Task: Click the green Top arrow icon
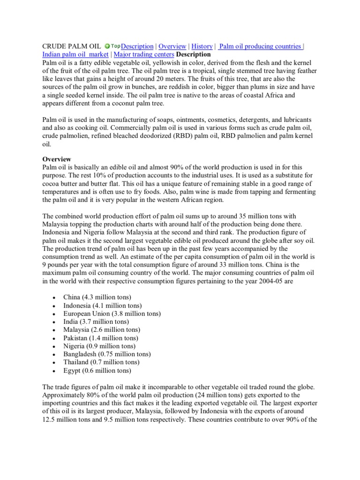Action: pos(108,46)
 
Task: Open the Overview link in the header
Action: pos(172,46)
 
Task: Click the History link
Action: pos(202,46)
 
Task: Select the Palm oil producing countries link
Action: pos(261,46)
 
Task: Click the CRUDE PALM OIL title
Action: pos(71,46)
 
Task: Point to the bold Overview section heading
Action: pos(57,159)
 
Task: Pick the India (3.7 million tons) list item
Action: pos(96,322)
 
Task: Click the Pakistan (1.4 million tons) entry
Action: pos(101,338)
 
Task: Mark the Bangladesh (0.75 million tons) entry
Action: pos(107,354)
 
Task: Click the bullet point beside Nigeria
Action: pos(55,346)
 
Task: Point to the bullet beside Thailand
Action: pos(55,363)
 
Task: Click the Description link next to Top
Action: pos(137,46)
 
